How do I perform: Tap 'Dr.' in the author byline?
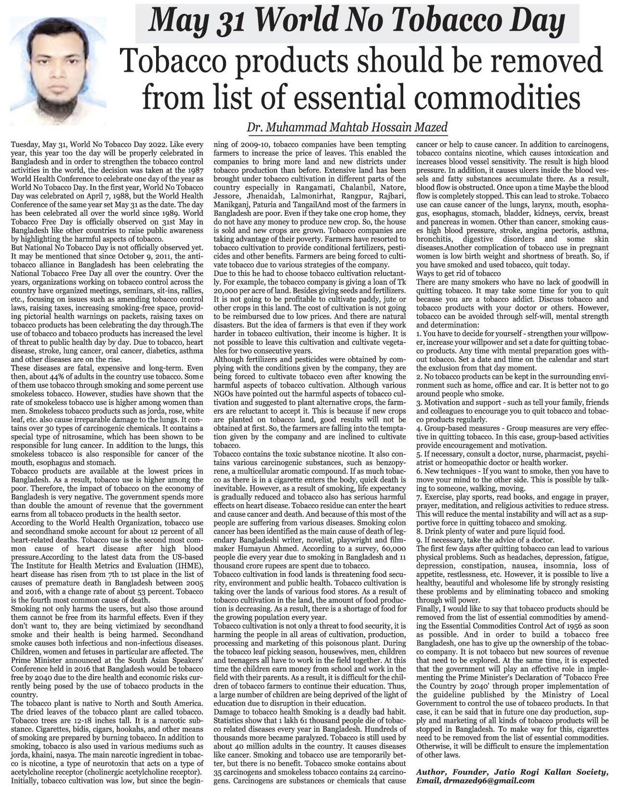(254, 128)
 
